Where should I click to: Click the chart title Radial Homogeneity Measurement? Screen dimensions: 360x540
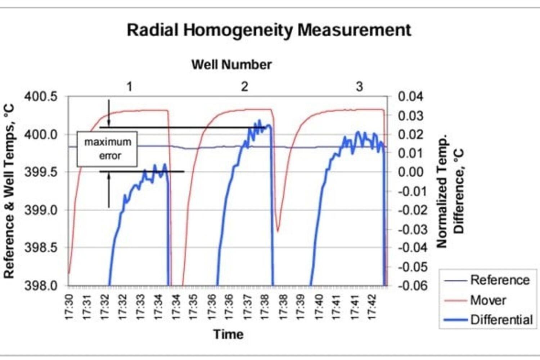coord(269,30)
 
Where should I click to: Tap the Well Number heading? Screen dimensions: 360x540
coord(231,65)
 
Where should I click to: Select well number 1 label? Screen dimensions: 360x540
coord(130,86)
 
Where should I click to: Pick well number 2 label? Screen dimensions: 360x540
coord(244,86)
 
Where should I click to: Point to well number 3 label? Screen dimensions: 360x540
coord(359,86)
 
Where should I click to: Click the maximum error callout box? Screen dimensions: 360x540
coord(107,149)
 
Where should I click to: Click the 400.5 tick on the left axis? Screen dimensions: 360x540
coord(41,97)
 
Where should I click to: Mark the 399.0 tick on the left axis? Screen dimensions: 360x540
coord(41,210)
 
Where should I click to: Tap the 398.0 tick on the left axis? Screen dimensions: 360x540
coord(41,285)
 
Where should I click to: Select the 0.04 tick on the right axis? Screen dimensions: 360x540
coord(410,97)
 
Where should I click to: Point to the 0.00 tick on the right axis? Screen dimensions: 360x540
coord(410,172)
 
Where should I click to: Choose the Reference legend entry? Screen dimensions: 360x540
coord(500,280)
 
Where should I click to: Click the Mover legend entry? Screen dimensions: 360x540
coord(488,300)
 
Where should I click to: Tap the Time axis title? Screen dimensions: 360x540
coord(228,334)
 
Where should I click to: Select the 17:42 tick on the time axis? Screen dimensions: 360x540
coord(372,307)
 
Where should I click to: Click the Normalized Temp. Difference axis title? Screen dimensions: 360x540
coord(450,191)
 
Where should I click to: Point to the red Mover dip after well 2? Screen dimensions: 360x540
coord(278,230)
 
